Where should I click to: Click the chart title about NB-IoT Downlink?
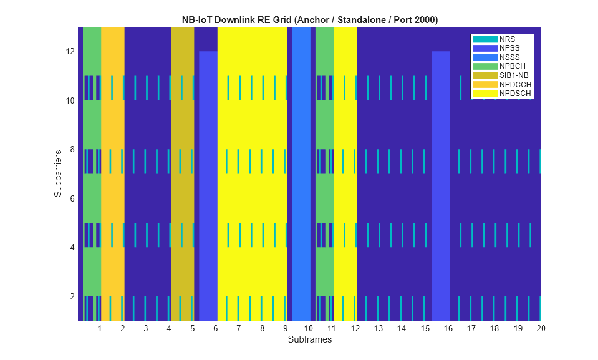[309, 20]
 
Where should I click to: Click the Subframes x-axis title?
[309, 340]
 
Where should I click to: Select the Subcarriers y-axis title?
[58, 173]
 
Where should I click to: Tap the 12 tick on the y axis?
[70, 51]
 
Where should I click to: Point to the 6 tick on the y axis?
[72, 198]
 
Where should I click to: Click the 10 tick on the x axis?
[308, 328]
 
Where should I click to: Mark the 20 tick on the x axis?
[541, 328]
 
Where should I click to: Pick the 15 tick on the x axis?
[425, 328]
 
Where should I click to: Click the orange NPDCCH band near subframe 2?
[112, 175]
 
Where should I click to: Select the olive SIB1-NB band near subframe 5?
[182, 175]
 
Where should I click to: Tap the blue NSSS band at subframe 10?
[301, 175]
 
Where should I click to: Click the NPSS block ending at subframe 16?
[440, 187]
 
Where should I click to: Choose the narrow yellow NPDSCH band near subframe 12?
[345, 175]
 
